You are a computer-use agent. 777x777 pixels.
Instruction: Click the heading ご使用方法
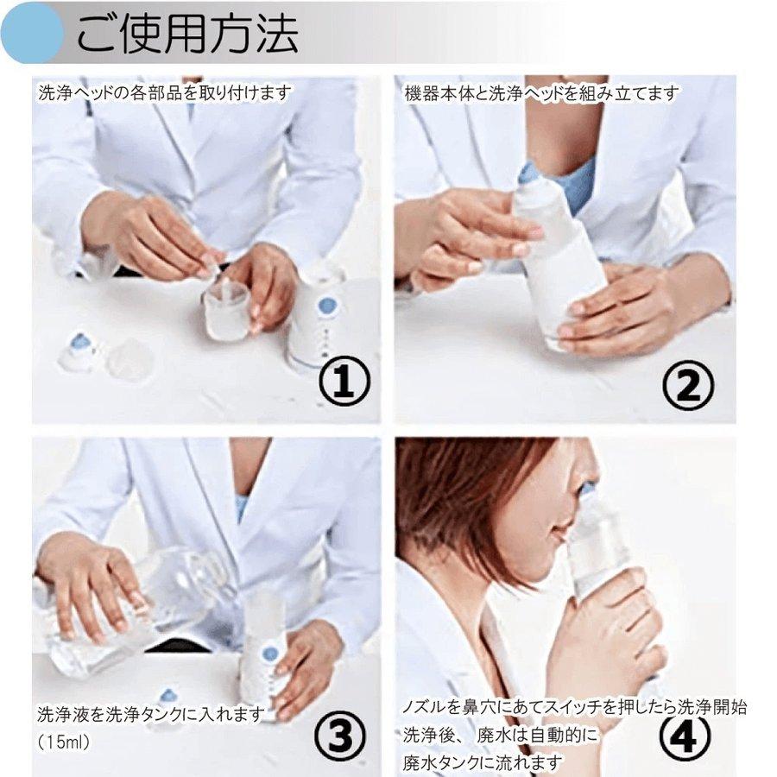tap(187, 34)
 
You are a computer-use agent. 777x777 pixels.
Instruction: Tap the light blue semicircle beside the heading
tap(31, 33)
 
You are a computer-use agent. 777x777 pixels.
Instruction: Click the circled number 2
tap(688, 383)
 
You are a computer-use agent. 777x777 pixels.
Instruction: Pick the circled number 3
tap(341, 733)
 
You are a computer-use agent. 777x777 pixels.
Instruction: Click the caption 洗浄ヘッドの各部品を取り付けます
tap(165, 92)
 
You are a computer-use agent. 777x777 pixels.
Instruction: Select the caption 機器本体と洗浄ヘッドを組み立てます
tap(542, 93)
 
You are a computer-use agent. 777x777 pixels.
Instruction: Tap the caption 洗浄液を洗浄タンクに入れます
tap(151, 714)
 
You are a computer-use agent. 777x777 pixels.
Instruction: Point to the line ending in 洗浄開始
tap(574, 707)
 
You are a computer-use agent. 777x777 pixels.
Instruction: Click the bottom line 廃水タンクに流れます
tap(483, 762)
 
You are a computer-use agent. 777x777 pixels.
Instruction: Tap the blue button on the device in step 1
tap(325, 306)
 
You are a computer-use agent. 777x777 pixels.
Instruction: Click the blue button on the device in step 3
tap(269, 657)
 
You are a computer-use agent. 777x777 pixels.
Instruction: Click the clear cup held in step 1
tap(226, 311)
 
